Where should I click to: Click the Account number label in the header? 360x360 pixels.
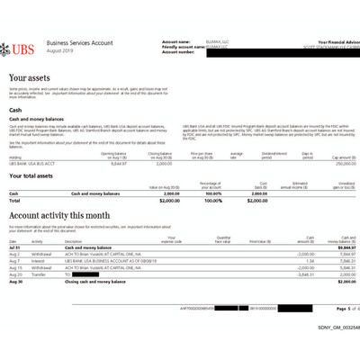[179, 52]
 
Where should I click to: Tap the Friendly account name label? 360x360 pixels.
[186, 47]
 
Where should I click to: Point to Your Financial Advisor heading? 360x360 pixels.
[329, 41]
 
